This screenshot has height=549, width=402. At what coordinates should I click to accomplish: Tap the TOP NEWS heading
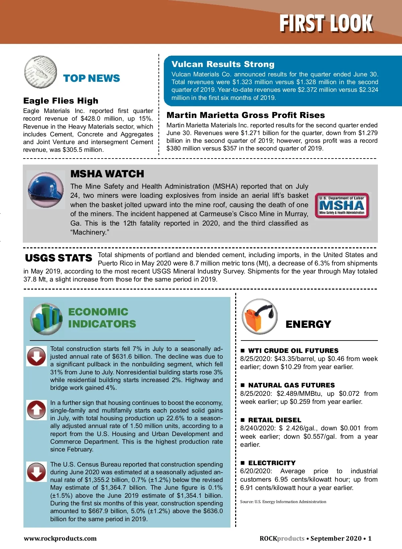(x=91, y=78)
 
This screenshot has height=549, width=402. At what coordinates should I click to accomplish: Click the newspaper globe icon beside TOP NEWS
(x=41, y=72)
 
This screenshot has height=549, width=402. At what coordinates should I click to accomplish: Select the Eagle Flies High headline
(x=61, y=101)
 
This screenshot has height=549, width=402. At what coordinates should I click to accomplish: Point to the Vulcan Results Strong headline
(x=223, y=64)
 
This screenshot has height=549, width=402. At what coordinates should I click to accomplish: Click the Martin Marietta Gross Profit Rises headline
(x=246, y=115)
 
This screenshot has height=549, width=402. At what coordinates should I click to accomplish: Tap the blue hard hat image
(x=46, y=189)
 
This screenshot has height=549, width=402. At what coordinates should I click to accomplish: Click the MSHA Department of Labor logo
(x=342, y=205)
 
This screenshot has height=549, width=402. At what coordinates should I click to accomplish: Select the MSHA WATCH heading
(x=107, y=174)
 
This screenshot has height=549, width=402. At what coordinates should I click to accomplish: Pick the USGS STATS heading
(x=58, y=258)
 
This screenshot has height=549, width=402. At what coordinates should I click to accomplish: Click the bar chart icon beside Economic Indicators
(x=46, y=319)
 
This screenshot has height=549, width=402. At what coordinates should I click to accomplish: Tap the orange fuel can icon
(x=260, y=316)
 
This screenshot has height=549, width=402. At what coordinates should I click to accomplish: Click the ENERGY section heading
(x=308, y=324)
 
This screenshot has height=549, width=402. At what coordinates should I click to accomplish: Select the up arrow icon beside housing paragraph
(x=37, y=410)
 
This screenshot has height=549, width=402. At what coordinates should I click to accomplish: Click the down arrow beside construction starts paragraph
(x=37, y=356)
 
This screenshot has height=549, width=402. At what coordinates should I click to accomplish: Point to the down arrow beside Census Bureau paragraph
(x=37, y=472)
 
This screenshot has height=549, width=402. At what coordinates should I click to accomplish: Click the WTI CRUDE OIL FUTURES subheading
(x=293, y=351)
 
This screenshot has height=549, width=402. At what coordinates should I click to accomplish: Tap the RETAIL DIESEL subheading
(x=274, y=420)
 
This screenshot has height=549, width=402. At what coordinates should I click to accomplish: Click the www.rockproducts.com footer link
(x=60, y=538)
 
